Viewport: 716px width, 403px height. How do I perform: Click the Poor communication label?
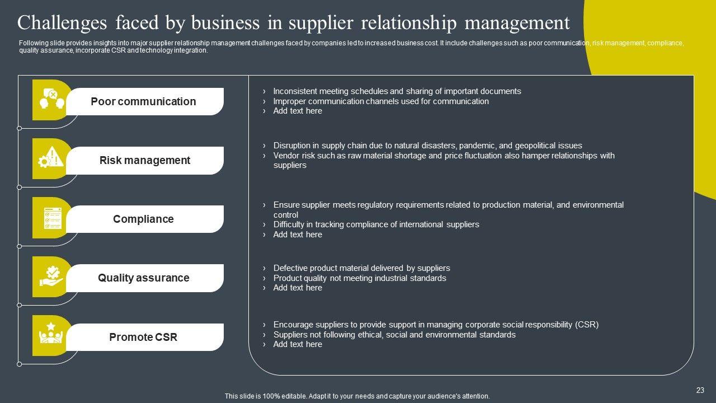[143, 101]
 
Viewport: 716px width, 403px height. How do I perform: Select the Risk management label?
[145, 161]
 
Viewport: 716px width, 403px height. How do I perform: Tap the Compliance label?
[143, 219]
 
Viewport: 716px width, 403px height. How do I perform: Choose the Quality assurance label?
[144, 278]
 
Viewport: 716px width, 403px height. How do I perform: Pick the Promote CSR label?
[143, 337]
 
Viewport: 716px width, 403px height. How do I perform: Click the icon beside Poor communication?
[49, 100]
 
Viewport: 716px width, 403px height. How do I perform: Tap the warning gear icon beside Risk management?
[50, 158]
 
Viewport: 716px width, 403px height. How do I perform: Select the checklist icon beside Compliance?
[52, 218]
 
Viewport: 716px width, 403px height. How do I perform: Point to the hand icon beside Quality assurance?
[51, 277]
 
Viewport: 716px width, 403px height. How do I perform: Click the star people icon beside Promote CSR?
[51, 335]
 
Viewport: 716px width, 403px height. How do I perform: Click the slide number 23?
[700, 391]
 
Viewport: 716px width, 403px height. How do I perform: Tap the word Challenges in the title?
[62, 24]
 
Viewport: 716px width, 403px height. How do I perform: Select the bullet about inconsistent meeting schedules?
[397, 91]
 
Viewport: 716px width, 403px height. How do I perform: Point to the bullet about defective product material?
[361, 268]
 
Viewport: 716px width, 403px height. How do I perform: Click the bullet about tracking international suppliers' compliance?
[376, 224]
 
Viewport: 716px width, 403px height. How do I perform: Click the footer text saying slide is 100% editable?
[357, 396]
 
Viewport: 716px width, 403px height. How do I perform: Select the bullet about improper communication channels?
[380, 101]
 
